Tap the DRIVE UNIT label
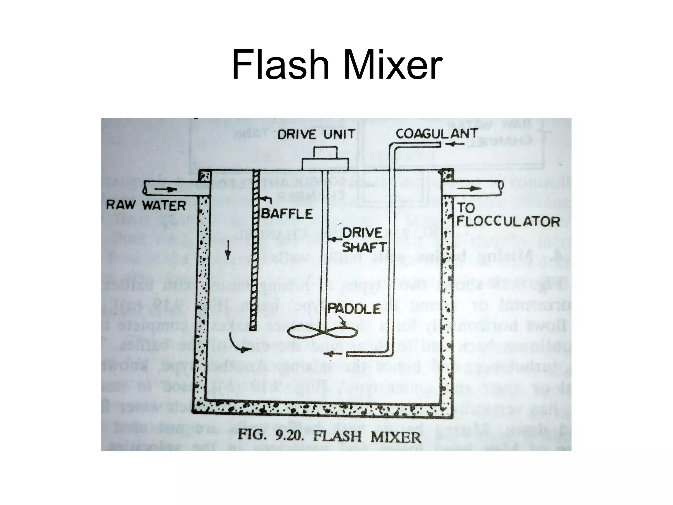pos(316,134)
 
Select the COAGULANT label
pos(436,134)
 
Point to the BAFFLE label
pos(287,214)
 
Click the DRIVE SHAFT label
pos(363,240)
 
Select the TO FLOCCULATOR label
pos(508,215)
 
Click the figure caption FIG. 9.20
pos(329,437)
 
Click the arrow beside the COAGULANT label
pos(457,144)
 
